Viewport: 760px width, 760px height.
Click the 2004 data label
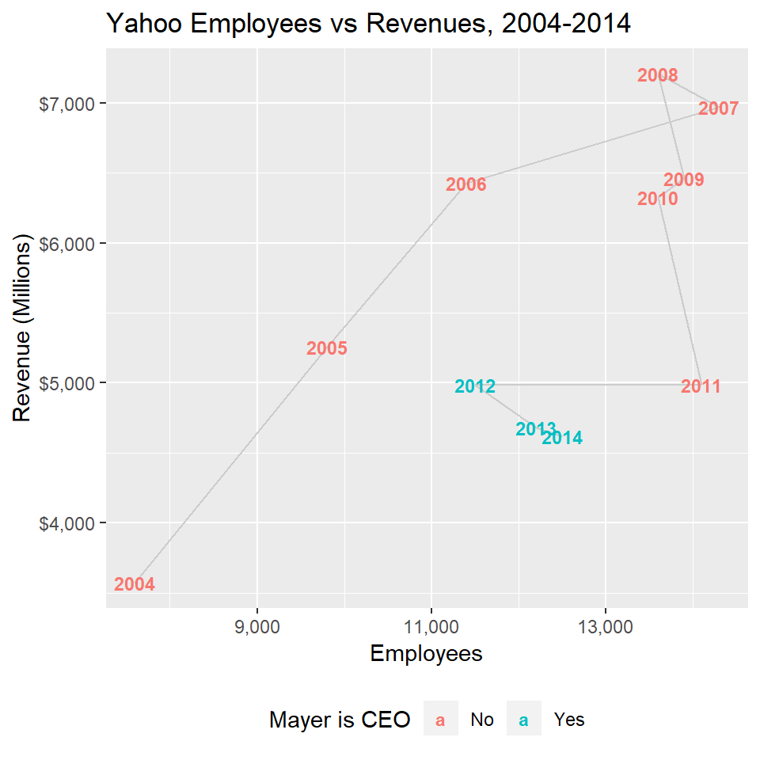pos(135,585)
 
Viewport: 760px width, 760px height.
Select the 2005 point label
pos(326,348)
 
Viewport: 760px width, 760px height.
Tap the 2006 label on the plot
pos(465,185)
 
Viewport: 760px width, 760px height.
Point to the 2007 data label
pos(718,109)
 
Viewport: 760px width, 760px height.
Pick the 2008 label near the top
pos(657,76)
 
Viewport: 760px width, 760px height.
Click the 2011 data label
pos(701,387)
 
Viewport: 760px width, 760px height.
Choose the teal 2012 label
pos(475,387)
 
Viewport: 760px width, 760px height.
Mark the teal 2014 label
pos(562,438)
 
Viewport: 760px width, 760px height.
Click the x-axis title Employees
pos(427,654)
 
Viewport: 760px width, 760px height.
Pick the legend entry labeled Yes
pos(569,720)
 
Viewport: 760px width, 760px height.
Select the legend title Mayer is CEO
pos(340,720)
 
